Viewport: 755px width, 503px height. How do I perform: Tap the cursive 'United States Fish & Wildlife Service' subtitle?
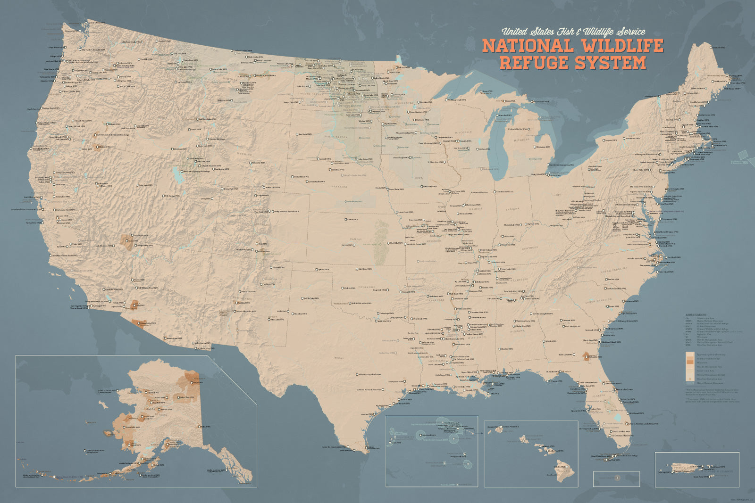(x=573, y=32)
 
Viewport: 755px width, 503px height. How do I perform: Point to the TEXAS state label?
(x=339, y=358)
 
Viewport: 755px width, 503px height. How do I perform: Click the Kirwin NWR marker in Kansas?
(x=345, y=219)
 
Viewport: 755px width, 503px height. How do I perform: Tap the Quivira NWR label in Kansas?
(x=348, y=245)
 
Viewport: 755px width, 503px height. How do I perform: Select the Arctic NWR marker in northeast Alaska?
(x=191, y=383)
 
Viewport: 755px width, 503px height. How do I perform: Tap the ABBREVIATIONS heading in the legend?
(x=696, y=314)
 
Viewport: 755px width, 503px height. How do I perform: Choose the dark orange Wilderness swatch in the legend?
(x=690, y=363)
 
